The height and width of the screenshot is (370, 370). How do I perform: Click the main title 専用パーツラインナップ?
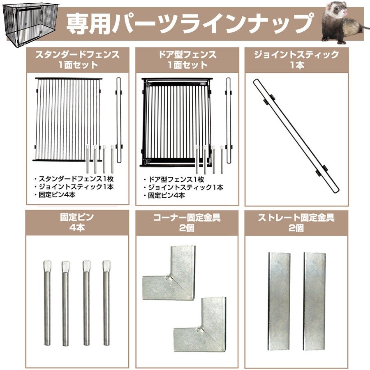click(x=190, y=23)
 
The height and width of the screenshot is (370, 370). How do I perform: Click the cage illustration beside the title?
click(x=31, y=24)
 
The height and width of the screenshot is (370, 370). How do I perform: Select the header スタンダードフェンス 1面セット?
click(x=78, y=60)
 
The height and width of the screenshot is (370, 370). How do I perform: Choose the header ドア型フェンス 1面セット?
click(x=187, y=60)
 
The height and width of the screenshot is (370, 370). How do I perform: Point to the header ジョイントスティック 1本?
click(x=296, y=60)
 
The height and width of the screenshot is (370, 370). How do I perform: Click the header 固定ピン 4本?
click(x=77, y=222)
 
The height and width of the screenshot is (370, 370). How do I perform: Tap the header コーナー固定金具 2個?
click(x=187, y=222)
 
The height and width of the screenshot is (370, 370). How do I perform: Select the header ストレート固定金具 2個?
click(x=296, y=222)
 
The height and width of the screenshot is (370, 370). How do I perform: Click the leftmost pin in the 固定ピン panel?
click(x=47, y=303)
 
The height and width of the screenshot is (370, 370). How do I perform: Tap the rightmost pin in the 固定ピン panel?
click(x=106, y=303)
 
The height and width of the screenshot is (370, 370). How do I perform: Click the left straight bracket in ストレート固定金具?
click(x=279, y=302)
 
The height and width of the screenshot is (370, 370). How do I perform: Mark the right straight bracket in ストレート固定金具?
click(x=314, y=302)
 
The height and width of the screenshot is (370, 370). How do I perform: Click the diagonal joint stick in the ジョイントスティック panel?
click(x=296, y=136)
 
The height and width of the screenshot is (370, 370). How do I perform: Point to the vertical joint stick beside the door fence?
click(x=228, y=120)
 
